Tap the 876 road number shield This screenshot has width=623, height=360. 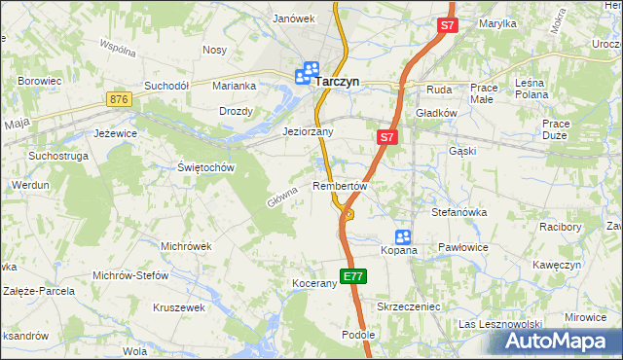120,99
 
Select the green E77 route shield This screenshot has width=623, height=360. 353,277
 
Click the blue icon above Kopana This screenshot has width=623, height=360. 403,236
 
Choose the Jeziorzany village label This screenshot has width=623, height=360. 308,131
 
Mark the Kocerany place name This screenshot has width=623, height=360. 313,283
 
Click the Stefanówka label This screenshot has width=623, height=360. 458,211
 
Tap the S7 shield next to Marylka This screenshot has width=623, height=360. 447,28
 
